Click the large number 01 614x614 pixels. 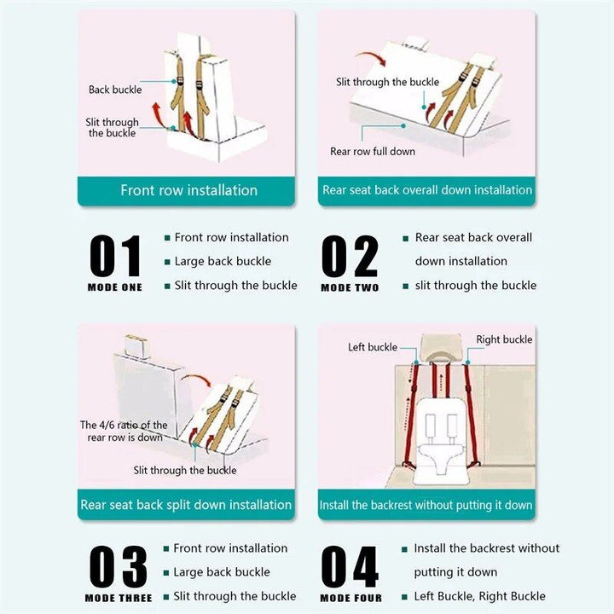[115, 256]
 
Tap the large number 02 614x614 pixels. [350, 256]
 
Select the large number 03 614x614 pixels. [118, 566]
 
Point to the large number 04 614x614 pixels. [350, 566]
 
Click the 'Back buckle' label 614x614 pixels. [115, 90]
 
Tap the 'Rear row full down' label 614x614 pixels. [373, 152]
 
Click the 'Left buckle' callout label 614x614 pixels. [373, 347]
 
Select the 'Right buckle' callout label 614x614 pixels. [504, 339]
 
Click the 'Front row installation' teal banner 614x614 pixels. [186, 191]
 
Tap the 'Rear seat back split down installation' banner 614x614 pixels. [186, 504]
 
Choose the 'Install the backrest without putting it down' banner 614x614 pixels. [426, 504]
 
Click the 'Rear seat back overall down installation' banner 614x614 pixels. [426, 191]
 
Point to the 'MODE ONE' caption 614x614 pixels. [115, 287]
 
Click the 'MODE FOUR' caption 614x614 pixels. [350, 598]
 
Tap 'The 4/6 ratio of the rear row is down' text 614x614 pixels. [124, 432]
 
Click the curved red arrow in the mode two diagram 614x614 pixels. [372, 57]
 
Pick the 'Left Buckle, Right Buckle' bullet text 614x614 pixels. [479, 596]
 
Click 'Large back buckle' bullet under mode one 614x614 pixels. [223, 262]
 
